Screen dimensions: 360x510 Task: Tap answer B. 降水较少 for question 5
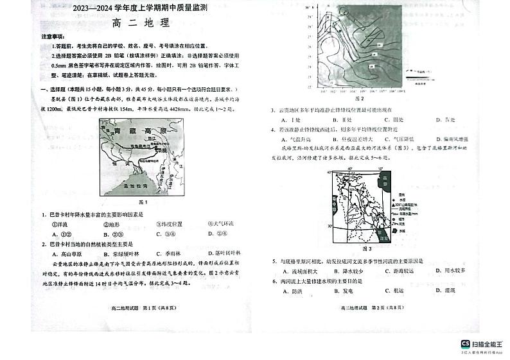pyautogui.click(x=350, y=271)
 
